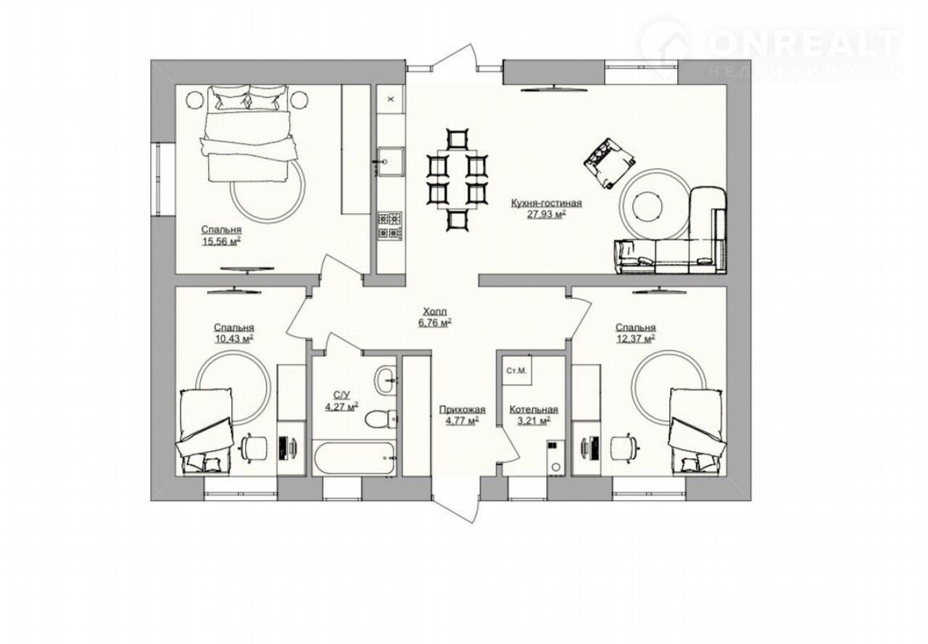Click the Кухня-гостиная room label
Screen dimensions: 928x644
546,203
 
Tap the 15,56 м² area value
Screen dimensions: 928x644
221,241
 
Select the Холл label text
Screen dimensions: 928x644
434,312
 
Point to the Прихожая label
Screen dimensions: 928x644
462,410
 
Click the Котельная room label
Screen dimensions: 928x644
534,410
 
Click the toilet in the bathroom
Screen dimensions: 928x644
381,418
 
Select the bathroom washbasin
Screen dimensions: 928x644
386,379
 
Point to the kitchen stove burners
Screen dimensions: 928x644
389,226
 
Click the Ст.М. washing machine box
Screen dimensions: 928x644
517,371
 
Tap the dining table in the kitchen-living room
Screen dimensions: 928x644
457,179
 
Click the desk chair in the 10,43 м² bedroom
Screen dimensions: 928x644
254,447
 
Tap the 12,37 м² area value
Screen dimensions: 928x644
635,339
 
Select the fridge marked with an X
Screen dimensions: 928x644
390,99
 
